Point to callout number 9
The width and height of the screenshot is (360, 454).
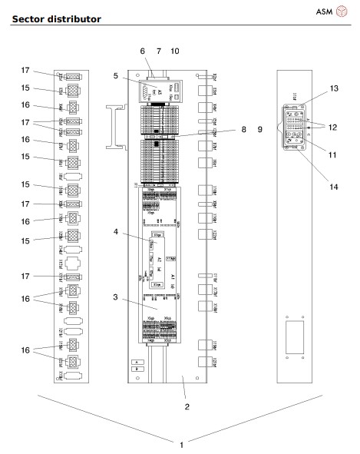259,130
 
